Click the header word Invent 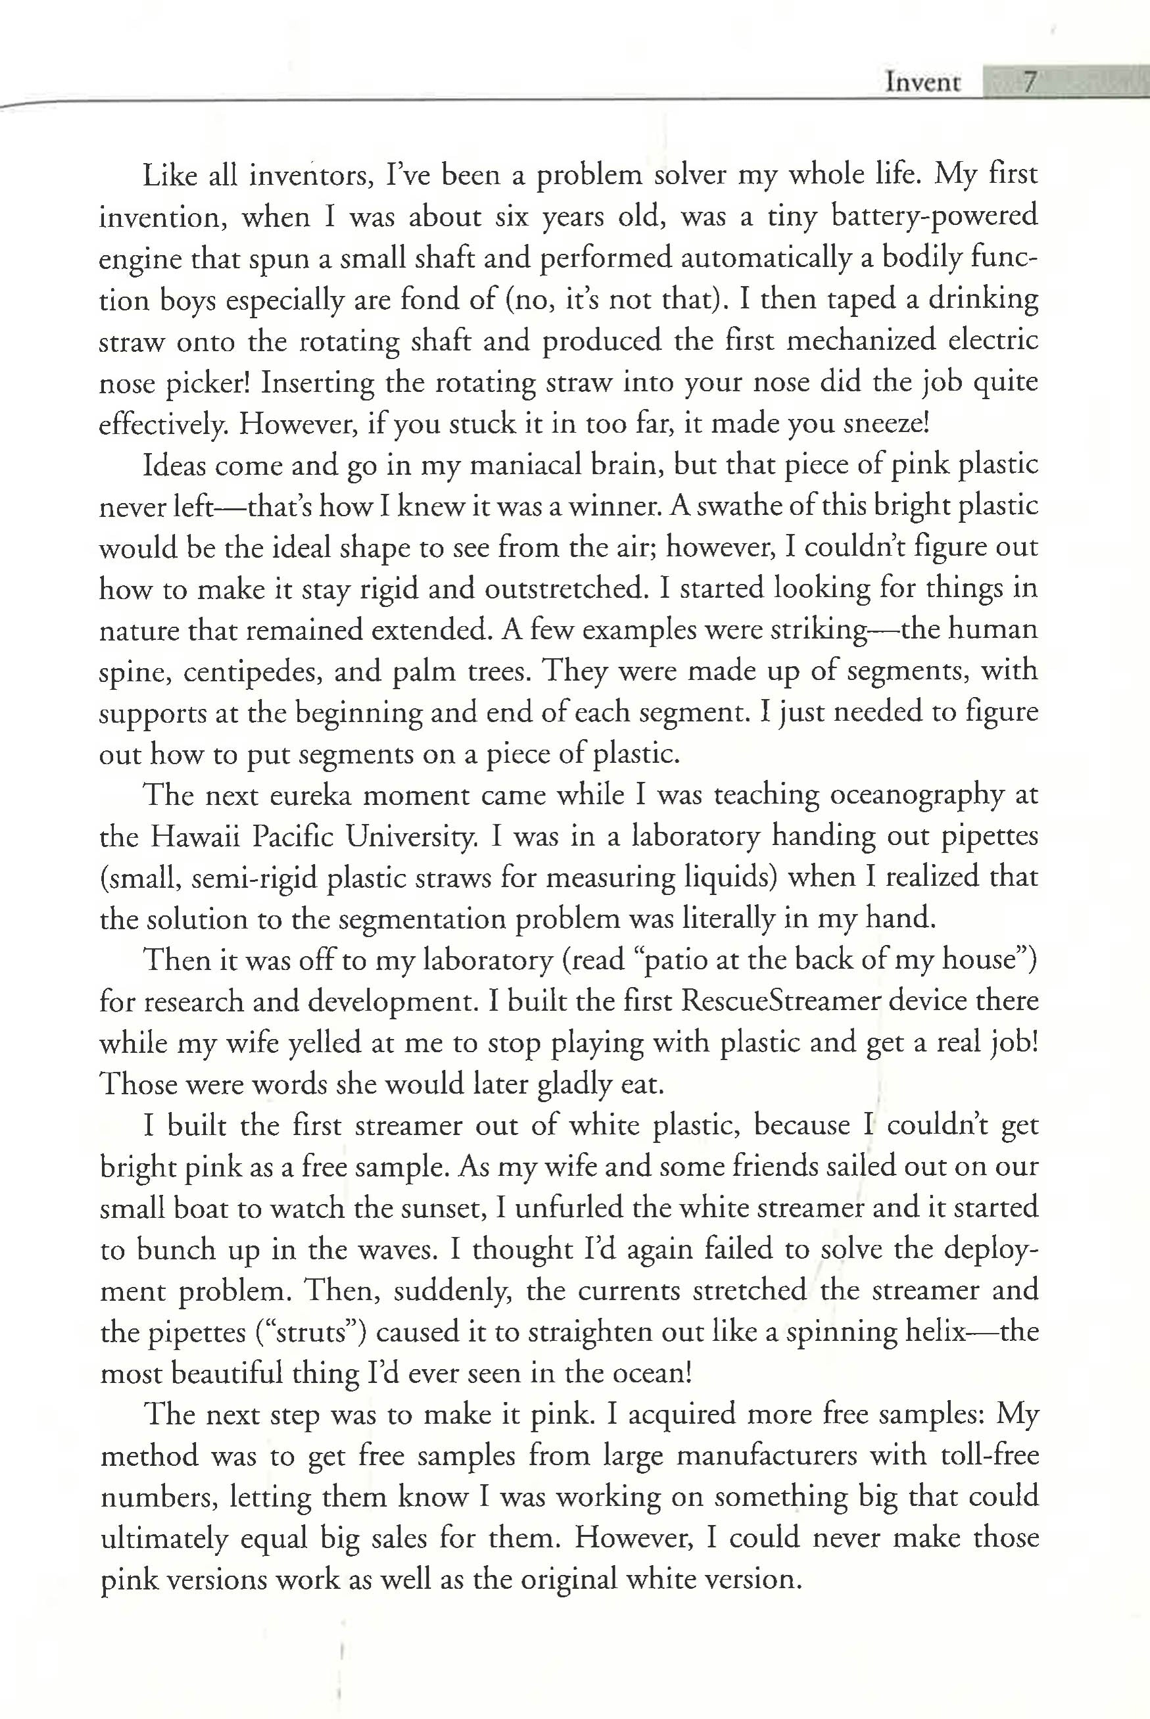click(x=922, y=82)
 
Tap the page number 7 click(x=1029, y=82)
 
